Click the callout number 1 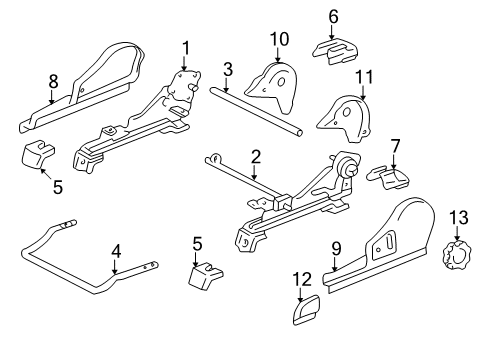click(x=185, y=47)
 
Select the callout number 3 click(x=228, y=69)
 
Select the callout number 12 click(x=301, y=280)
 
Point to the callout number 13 click(x=459, y=244)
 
